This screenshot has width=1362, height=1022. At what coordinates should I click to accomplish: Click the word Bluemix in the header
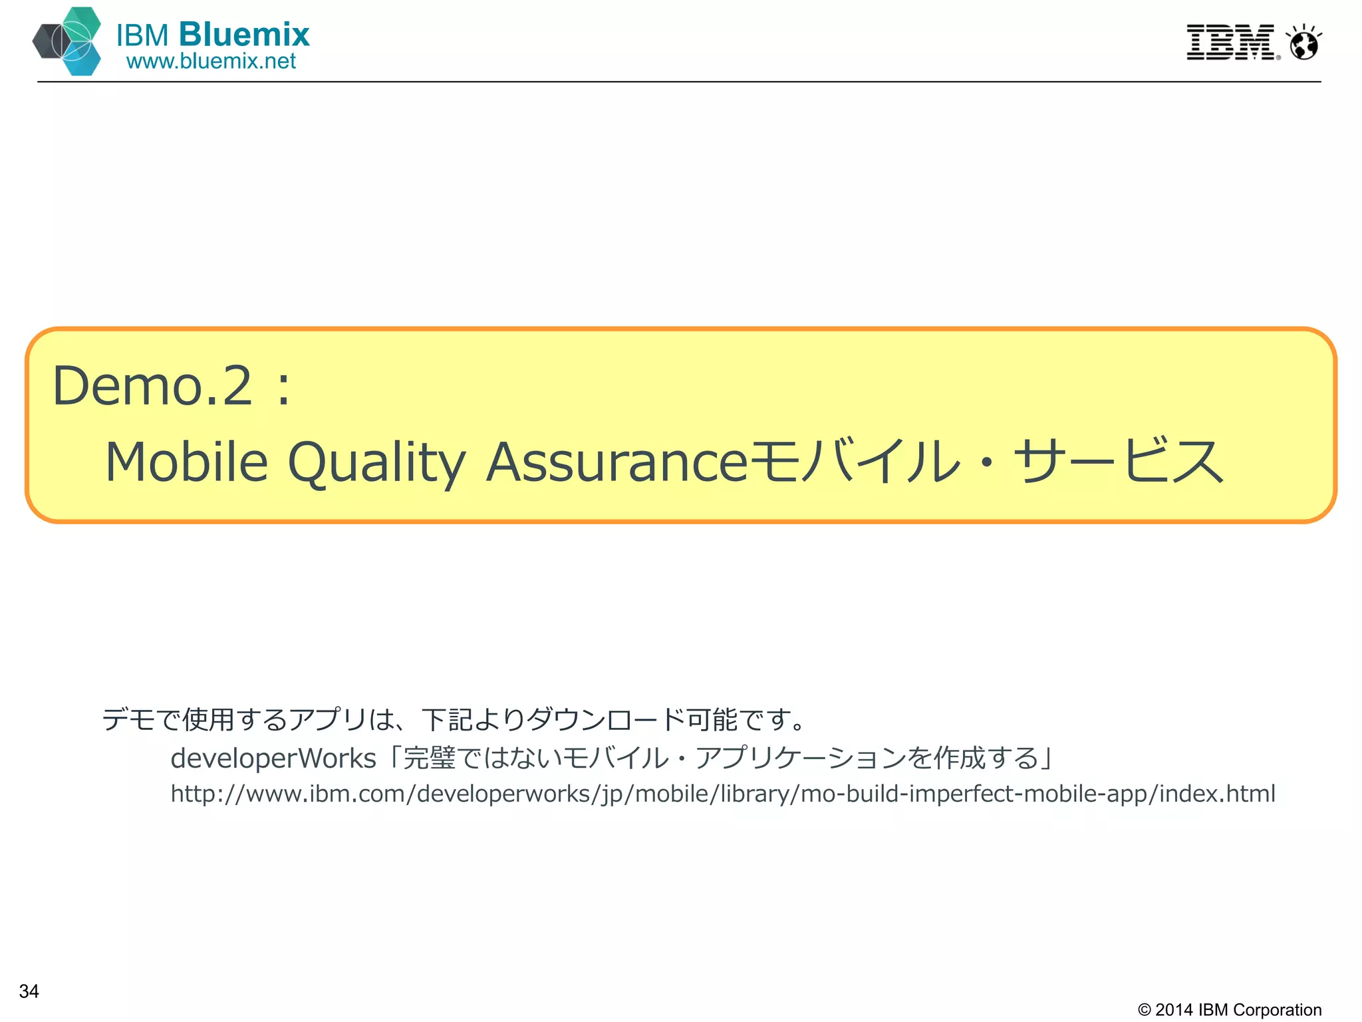click(x=244, y=34)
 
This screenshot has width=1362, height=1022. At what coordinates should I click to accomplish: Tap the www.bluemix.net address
click(x=211, y=61)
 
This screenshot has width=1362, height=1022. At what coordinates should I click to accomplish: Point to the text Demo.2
click(x=152, y=386)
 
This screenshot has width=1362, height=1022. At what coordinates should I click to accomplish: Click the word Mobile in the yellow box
click(x=187, y=462)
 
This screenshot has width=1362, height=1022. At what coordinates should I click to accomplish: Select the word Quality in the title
click(x=376, y=463)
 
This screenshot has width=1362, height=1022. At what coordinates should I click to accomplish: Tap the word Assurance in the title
click(x=617, y=462)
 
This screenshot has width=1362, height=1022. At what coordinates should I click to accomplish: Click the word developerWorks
click(x=273, y=759)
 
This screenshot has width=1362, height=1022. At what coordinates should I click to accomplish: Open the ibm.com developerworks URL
click(x=723, y=794)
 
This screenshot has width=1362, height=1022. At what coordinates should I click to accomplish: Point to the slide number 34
click(x=29, y=991)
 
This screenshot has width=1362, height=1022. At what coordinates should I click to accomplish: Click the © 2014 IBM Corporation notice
click(x=1230, y=1009)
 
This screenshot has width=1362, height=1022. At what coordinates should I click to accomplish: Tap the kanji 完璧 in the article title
click(x=430, y=759)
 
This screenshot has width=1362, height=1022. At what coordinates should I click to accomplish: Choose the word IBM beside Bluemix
click(x=142, y=35)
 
